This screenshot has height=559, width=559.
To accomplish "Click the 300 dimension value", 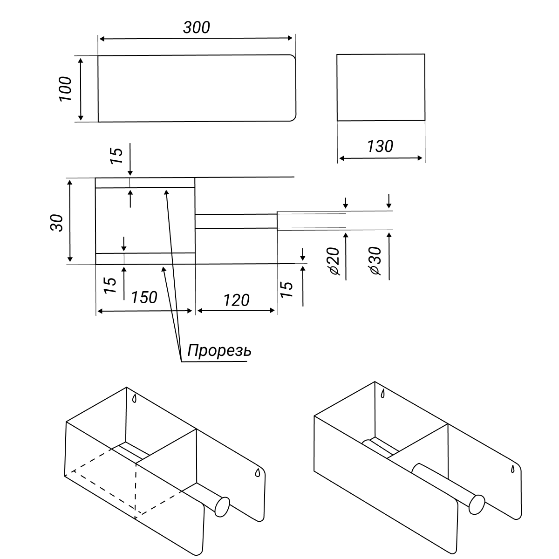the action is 197,27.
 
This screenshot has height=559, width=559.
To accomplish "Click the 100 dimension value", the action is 65,89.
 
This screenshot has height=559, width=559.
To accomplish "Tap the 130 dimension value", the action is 380,146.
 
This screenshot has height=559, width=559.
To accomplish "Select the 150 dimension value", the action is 144,297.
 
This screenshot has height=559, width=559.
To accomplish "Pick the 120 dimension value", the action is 236,300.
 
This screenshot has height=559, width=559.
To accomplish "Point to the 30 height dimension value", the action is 56,223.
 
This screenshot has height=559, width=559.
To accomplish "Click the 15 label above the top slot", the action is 116,156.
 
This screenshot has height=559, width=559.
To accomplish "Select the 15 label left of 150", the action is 110,286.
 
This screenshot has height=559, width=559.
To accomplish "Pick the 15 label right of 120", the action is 286,289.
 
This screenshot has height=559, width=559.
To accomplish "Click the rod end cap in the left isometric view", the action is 223,507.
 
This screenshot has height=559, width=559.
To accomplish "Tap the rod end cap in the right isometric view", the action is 477,505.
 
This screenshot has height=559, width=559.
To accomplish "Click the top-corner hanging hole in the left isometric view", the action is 134,399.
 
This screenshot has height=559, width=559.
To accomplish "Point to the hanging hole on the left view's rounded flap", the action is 257,472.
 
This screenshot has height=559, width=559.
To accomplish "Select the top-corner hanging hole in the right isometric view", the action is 383,394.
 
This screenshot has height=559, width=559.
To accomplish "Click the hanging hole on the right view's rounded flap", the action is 513,469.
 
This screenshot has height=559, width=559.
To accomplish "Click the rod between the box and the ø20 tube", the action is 236,221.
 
